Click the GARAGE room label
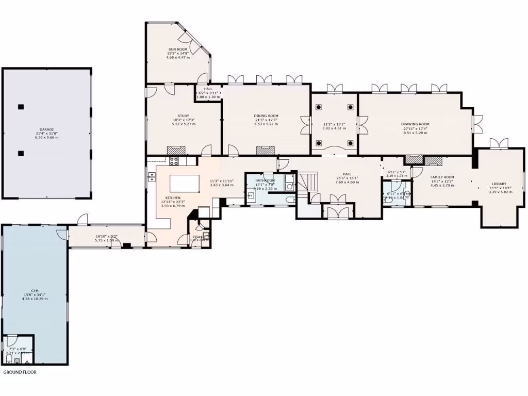(47, 129)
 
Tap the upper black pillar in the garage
(21, 107)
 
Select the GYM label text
(35, 291)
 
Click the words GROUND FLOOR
(20, 372)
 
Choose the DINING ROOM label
(266, 116)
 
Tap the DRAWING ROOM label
(415, 124)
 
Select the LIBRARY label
(499, 184)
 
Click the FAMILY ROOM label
(442, 177)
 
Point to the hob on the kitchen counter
(174, 160)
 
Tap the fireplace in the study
(176, 150)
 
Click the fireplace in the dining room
(266, 150)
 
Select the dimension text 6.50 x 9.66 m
(47, 137)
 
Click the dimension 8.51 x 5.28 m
(415, 132)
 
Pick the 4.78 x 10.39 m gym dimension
(35, 299)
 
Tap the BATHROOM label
(265, 180)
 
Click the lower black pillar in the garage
(21, 153)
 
